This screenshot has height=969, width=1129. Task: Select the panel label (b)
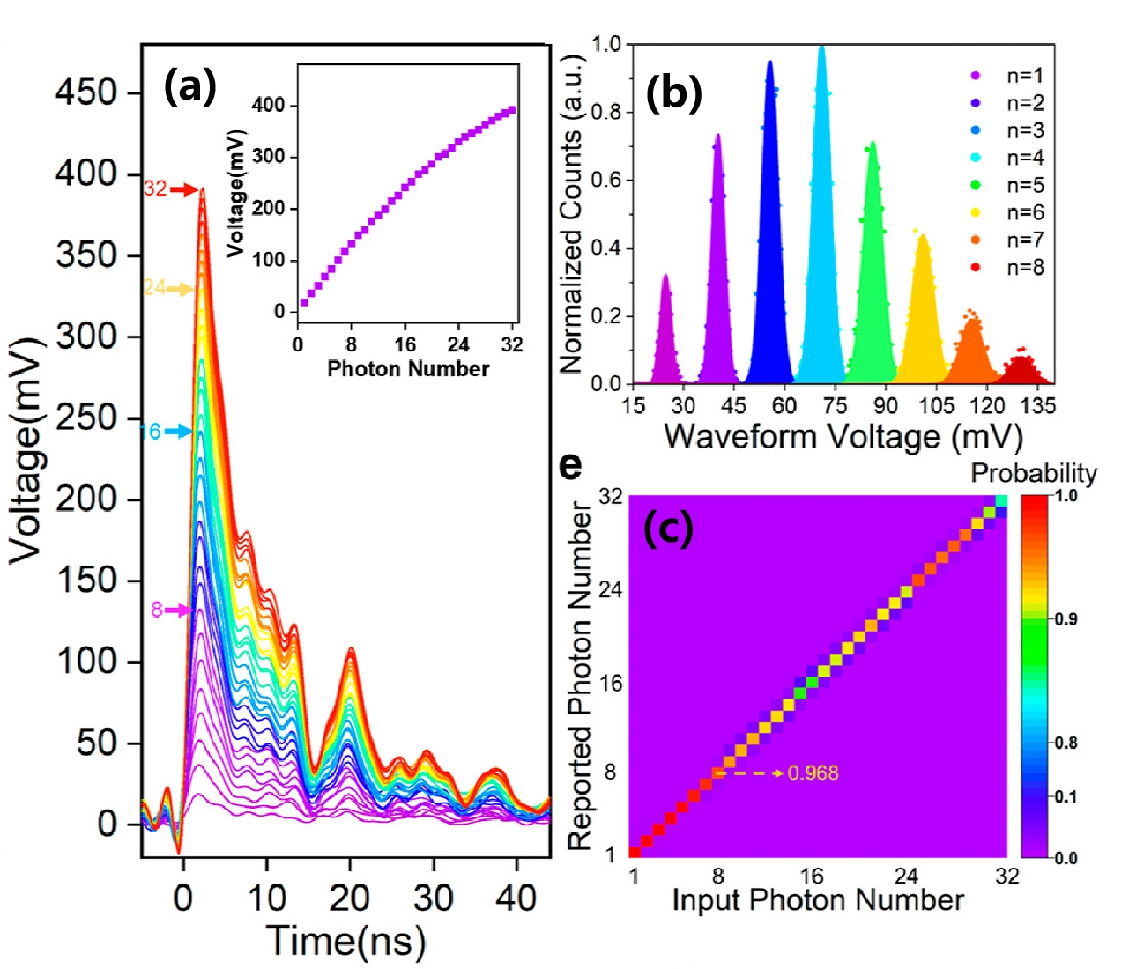pos(673,92)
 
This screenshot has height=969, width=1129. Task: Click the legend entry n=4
pos(1025,158)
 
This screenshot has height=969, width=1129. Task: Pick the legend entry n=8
pos(1025,267)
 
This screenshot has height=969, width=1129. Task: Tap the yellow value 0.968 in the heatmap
pos(813,773)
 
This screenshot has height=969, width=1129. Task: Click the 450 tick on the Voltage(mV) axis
pos(85,92)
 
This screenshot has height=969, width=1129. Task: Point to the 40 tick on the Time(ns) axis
pos(516,899)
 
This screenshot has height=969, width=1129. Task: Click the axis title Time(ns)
pos(345,940)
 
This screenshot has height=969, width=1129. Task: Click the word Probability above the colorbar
pos(1034,473)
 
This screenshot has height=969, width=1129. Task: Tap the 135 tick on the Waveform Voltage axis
pos(1038,405)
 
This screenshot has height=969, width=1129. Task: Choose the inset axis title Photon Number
pos(408,368)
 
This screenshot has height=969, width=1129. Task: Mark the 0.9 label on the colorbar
pos(1066,619)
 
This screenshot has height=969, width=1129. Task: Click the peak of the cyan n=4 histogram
pos(822,48)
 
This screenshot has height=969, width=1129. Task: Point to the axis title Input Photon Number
pos(818,900)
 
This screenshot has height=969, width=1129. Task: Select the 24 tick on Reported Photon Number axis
pos(610,589)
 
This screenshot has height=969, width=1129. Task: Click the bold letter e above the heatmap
pos(571,464)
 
